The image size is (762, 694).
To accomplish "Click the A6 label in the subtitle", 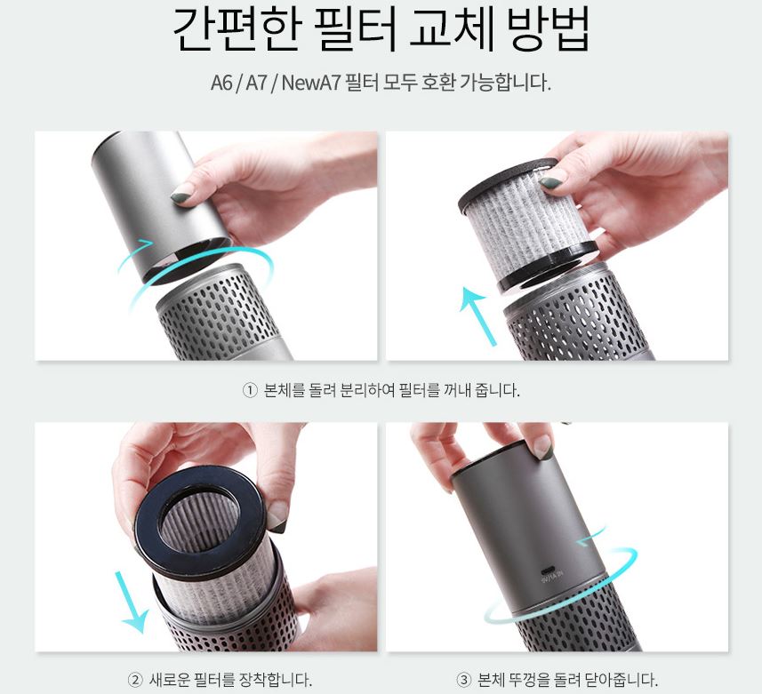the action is tap(221, 83).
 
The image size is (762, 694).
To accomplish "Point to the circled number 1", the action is tap(249, 390).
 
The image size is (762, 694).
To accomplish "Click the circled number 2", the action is tap(135, 680).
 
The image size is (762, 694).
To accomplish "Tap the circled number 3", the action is tap(463, 680).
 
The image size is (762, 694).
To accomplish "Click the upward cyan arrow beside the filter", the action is tap(478, 315).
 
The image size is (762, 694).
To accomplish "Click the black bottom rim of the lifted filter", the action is tap(547, 265).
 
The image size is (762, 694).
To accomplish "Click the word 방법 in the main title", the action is tap(549, 29).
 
